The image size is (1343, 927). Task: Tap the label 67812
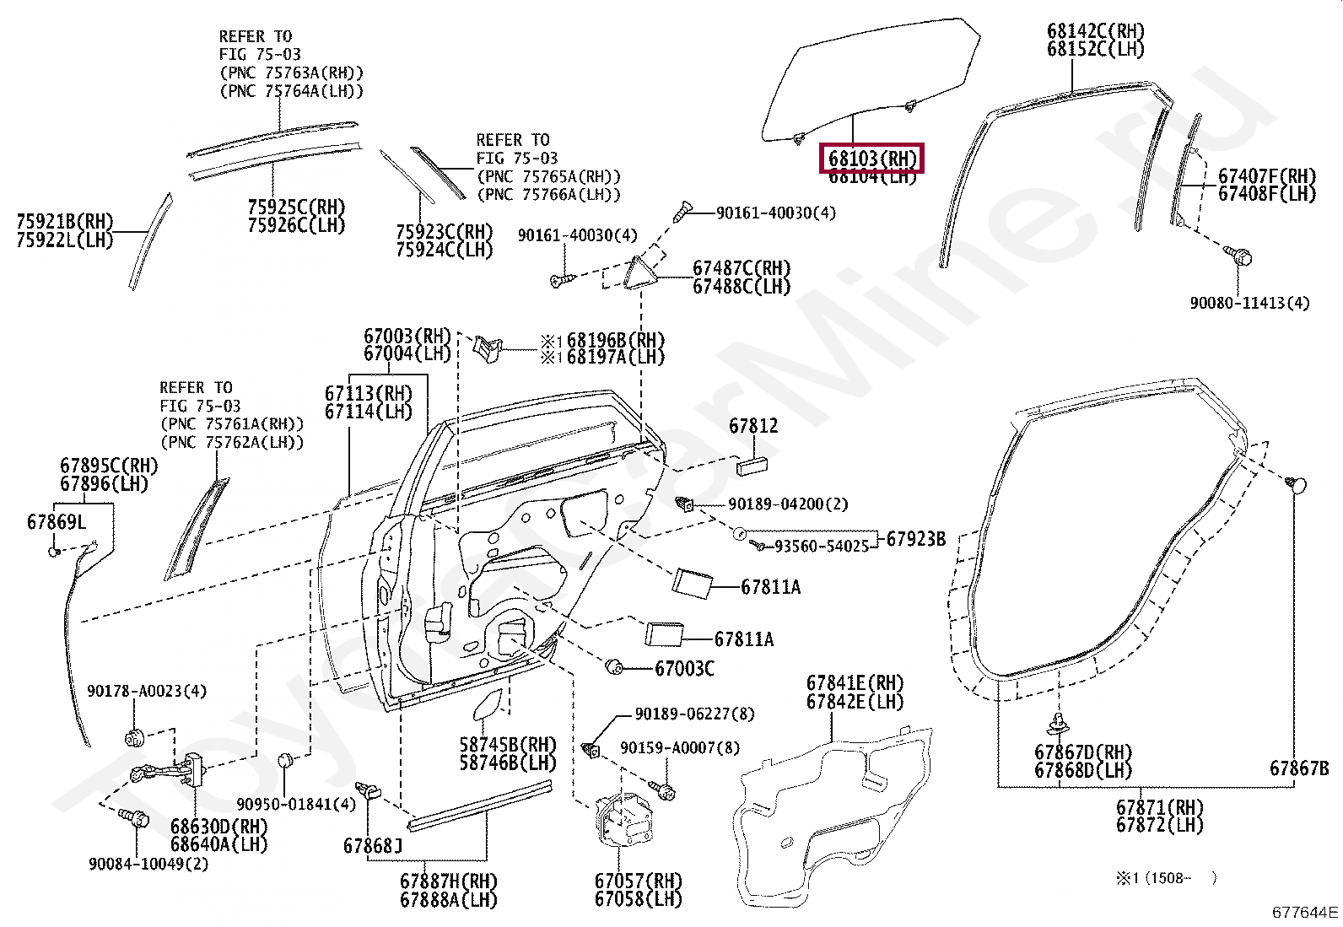(x=753, y=426)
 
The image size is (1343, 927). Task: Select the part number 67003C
(x=684, y=669)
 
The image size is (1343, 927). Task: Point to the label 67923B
(x=915, y=539)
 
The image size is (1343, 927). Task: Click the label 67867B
(x=1299, y=768)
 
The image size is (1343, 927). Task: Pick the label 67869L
(x=57, y=522)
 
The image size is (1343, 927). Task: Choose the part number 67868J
(x=373, y=844)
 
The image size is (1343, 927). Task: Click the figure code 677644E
(x=1305, y=912)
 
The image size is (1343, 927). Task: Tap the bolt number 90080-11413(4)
(x=1249, y=303)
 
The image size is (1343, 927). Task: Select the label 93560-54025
(x=822, y=547)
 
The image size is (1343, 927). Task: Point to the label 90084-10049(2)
(x=148, y=864)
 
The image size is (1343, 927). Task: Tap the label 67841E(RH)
(x=855, y=683)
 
